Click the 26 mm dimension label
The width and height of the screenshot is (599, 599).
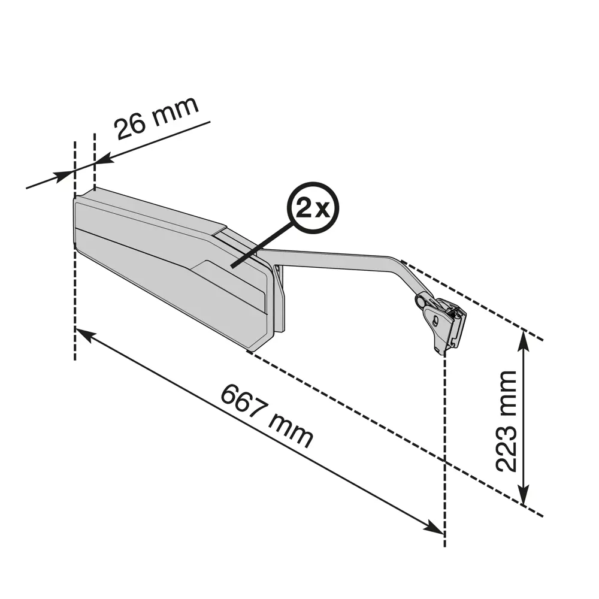(157, 118)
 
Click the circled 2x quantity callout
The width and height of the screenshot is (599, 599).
(313, 208)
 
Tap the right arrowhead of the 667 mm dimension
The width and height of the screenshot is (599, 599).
(434, 527)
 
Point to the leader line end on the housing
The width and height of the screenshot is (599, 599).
(232, 266)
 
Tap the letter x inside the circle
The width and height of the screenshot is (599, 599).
(323, 210)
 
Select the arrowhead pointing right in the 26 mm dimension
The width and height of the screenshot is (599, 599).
(63, 177)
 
